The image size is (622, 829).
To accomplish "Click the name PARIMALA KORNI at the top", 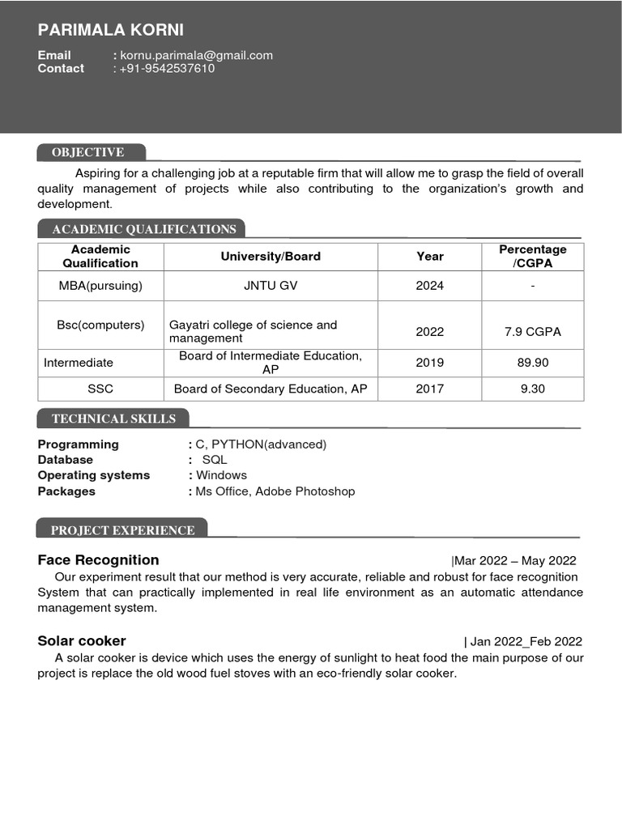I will click(x=111, y=30).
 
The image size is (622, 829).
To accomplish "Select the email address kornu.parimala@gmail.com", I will click(x=197, y=55).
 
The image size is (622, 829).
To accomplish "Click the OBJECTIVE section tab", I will click(x=89, y=152).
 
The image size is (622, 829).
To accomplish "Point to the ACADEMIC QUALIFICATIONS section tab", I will click(x=143, y=229).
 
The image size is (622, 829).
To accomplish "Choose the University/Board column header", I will click(x=271, y=256).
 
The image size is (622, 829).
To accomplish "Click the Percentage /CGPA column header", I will click(x=532, y=256).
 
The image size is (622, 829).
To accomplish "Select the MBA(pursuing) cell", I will click(x=100, y=285).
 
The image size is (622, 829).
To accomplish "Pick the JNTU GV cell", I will click(x=271, y=285).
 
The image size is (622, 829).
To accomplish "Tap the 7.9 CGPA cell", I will click(x=532, y=331).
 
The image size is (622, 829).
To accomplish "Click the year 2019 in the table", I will click(x=430, y=363).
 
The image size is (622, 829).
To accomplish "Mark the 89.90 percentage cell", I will click(x=532, y=363).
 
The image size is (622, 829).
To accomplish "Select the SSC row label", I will click(x=100, y=389).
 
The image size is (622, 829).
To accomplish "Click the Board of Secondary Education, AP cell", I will click(x=271, y=389).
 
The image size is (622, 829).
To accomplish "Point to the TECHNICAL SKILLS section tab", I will click(x=113, y=419).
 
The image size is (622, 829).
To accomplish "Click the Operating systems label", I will click(x=94, y=475).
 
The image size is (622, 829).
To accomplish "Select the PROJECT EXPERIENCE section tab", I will click(x=122, y=530).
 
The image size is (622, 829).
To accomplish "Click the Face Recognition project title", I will click(x=98, y=560).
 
